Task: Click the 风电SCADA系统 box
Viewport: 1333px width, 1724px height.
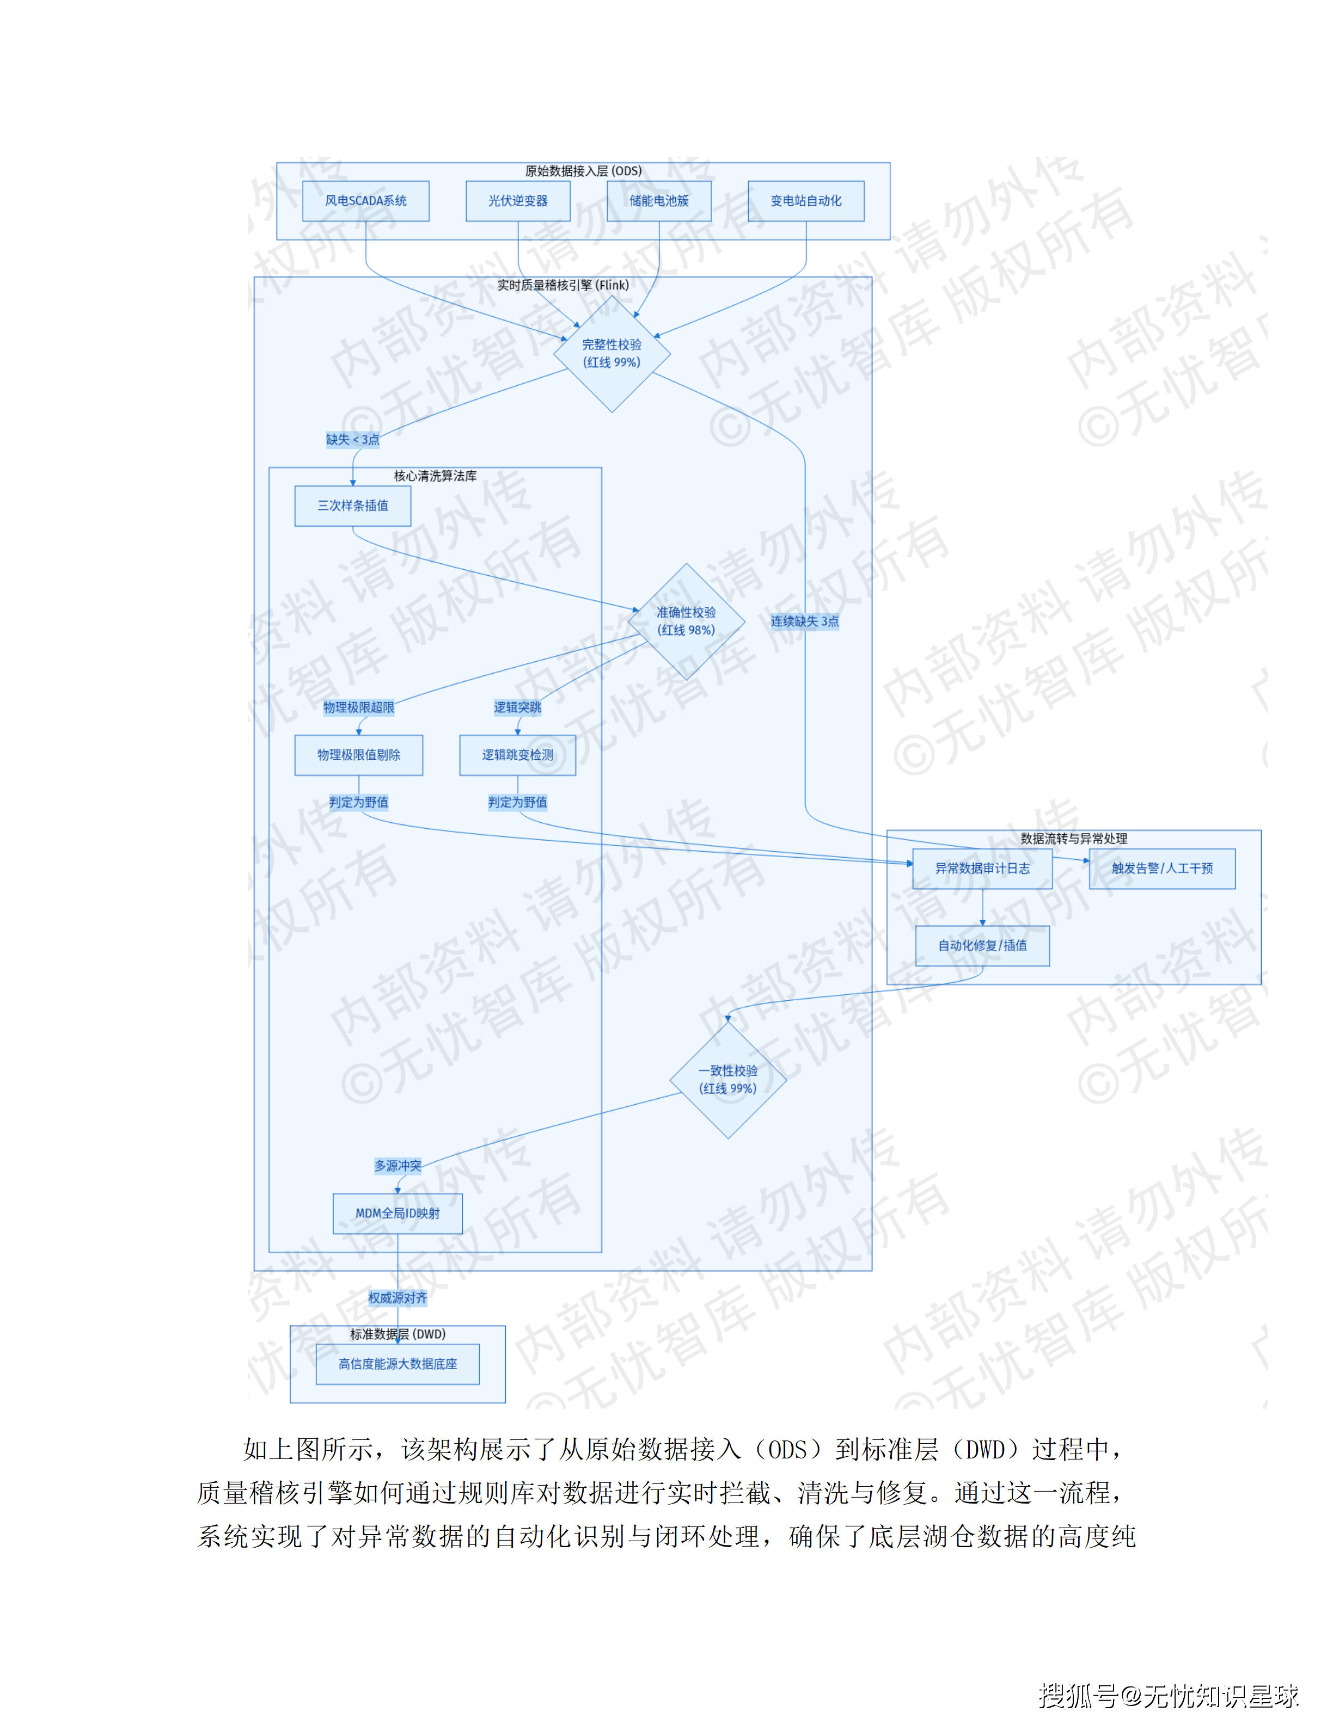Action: coord(365,201)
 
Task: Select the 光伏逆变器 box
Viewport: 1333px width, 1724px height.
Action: coord(517,201)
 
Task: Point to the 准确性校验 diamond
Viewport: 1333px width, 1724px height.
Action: coord(686,621)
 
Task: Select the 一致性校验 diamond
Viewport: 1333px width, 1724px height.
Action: coord(727,1079)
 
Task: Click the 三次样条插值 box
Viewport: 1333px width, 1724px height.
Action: coord(352,506)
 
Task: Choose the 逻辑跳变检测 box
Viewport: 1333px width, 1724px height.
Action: coord(517,755)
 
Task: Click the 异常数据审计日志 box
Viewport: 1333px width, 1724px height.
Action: coord(982,869)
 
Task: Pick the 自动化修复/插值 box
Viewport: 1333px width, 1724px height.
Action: coord(982,946)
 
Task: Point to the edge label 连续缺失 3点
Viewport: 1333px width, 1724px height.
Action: coord(805,621)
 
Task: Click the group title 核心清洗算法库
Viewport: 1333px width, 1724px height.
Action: coord(435,476)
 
